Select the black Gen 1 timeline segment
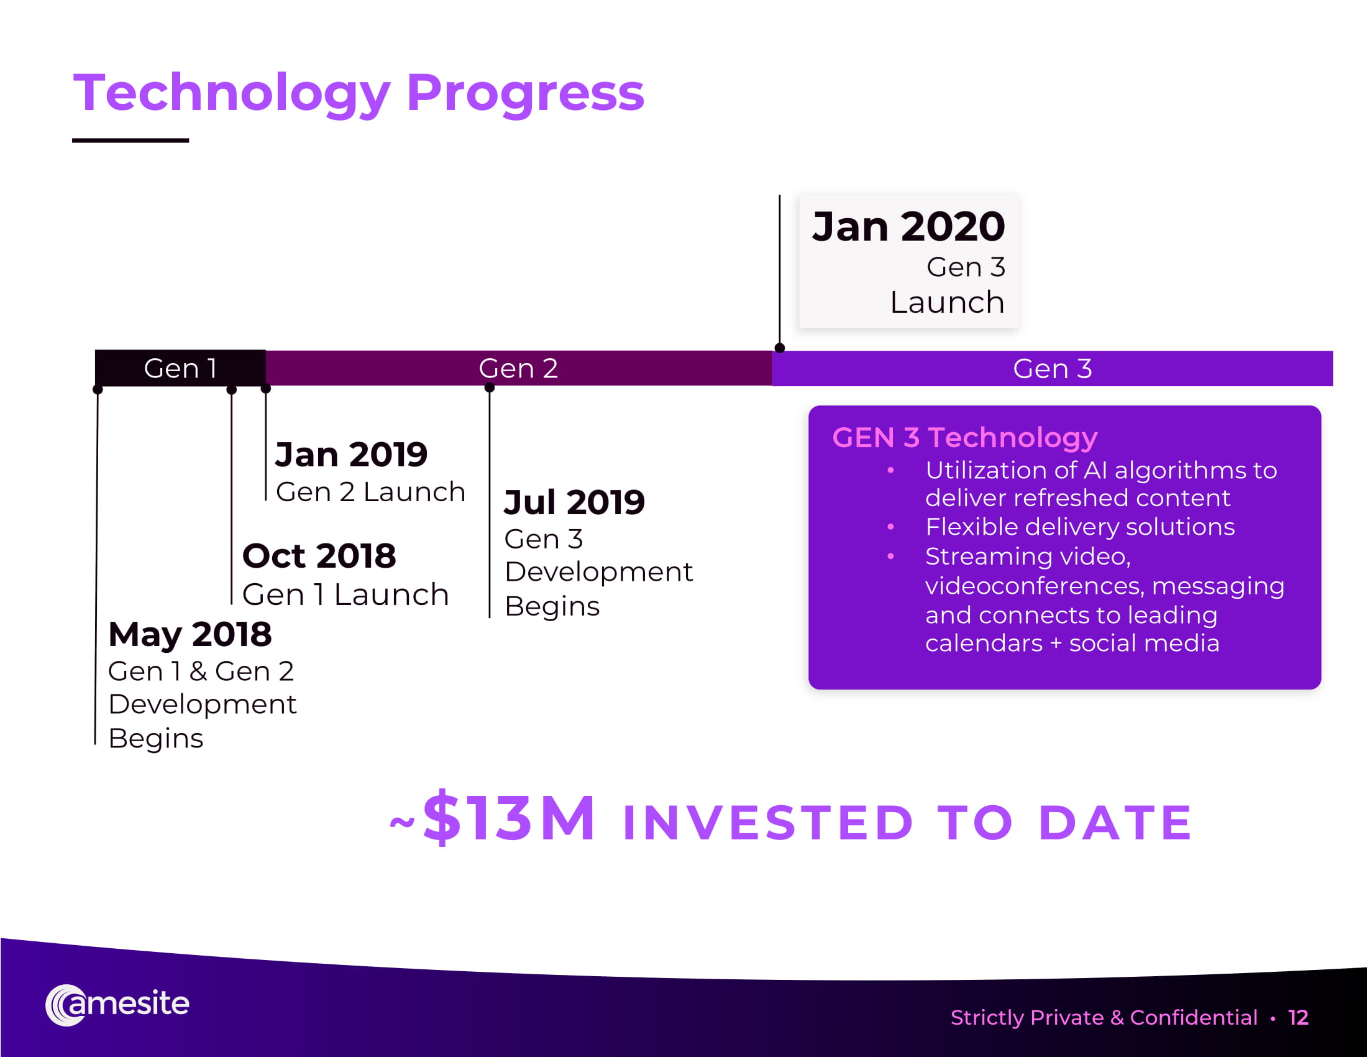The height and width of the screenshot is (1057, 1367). pyautogui.click(x=180, y=368)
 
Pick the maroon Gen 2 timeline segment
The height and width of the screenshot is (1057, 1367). pyautogui.click(x=519, y=368)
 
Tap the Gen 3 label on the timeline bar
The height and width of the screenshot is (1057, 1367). pyautogui.click(x=1052, y=369)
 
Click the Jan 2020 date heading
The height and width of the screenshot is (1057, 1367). pyautogui.click(x=908, y=226)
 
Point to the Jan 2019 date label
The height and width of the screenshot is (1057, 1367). pyautogui.click(x=351, y=454)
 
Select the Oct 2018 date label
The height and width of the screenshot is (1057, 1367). pyautogui.click(x=319, y=555)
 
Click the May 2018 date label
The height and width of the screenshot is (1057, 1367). pyautogui.click(x=190, y=635)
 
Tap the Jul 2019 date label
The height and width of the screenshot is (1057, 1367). pyautogui.click(x=574, y=502)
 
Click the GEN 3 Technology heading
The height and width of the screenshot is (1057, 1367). pyautogui.click(x=964, y=437)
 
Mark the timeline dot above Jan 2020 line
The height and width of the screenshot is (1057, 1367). pyautogui.click(x=779, y=348)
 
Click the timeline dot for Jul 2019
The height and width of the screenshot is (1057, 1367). pyautogui.click(x=490, y=387)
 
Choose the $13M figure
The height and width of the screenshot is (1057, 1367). pyautogui.click(x=509, y=817)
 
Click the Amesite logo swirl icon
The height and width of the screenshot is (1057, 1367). pyautogui.click(x=66, y=1005)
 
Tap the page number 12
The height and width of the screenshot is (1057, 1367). pyautogui.click(x=1298, y=1018)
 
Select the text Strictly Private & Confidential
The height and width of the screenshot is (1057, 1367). pyautogui.click(x=1104, y=1018)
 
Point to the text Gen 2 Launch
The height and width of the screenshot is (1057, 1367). pyautogui.click(x=370, y=492)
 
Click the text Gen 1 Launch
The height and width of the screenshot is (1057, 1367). pyautogui.click(x=345, y=594)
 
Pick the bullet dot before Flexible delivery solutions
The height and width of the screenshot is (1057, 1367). pyautogui.click(x=890, y=527)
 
